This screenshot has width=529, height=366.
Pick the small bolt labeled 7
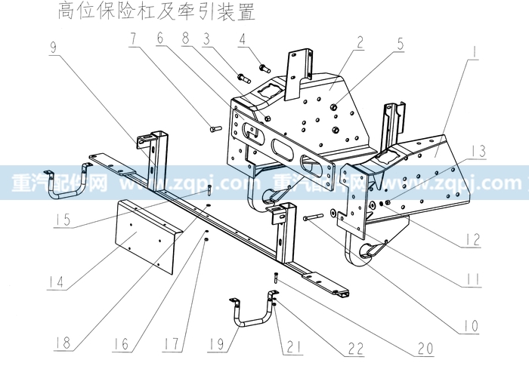point(214,129)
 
